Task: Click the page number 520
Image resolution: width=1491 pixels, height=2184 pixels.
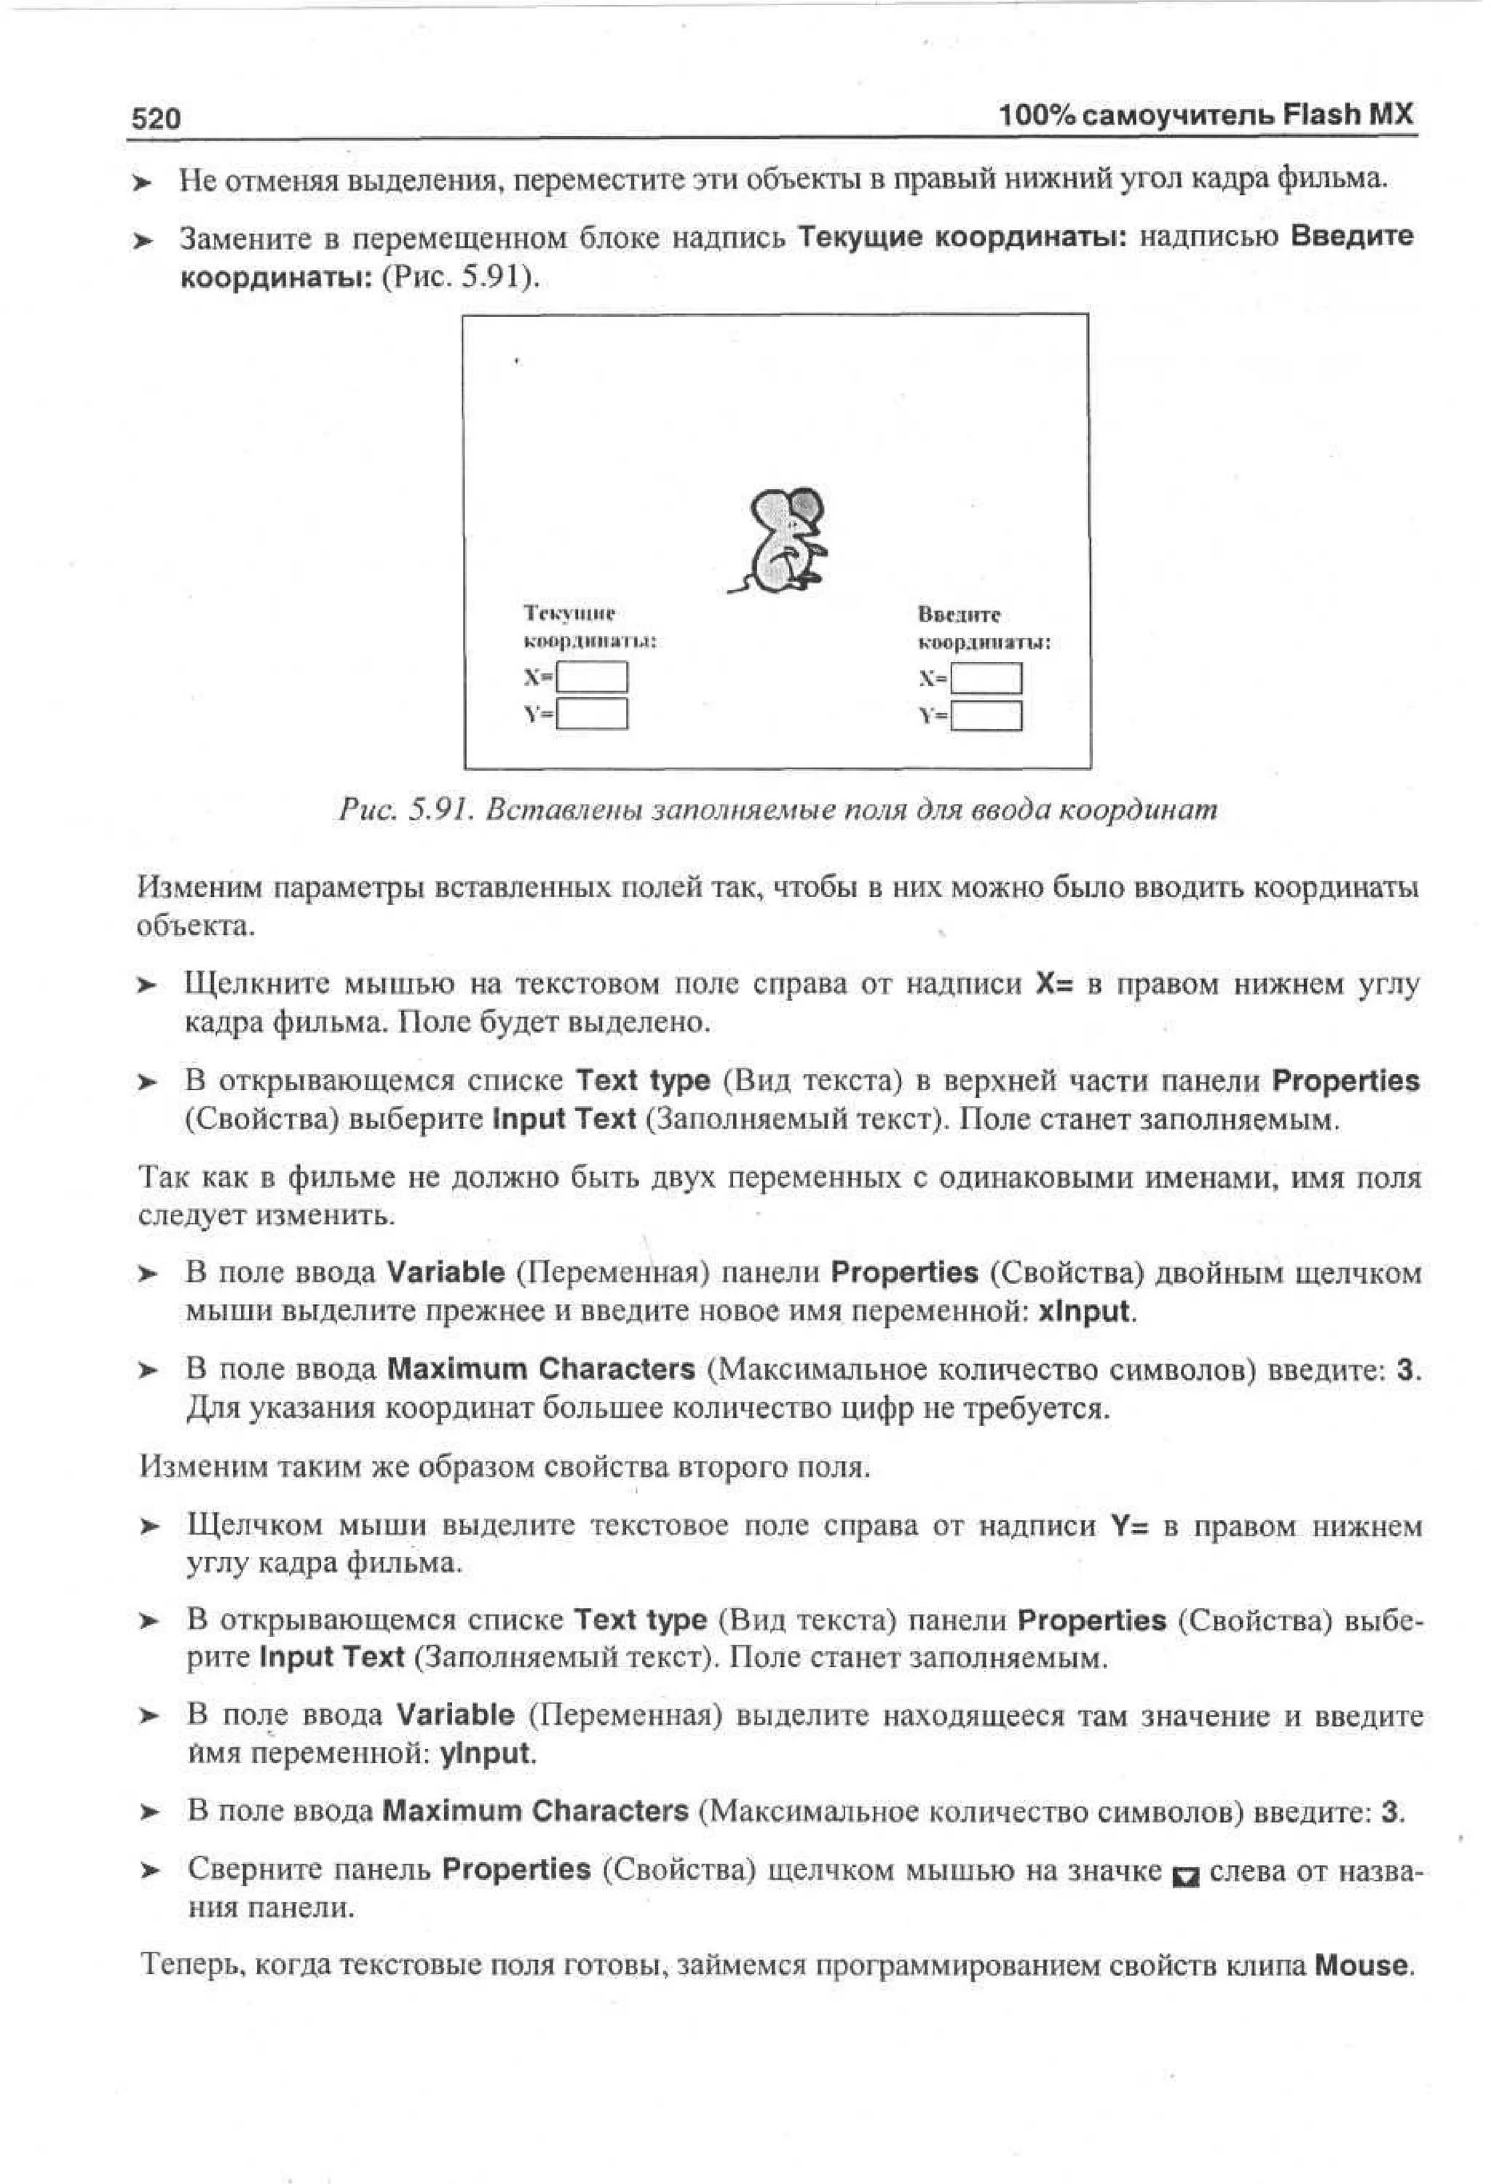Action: [155, 119]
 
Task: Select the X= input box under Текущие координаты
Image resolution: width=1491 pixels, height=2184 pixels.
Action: [592, 677]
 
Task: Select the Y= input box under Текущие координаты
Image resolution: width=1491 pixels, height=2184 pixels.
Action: [592, 714]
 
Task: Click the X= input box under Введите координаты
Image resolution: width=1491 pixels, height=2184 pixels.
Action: [986, 677]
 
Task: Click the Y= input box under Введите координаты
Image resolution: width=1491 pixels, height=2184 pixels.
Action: [986, 716]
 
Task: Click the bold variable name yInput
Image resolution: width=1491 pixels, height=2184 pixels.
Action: [486, 1754]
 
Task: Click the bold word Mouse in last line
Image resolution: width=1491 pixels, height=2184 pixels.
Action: [1361, 1965]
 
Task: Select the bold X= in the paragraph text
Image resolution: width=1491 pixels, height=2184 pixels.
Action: [1053, 984]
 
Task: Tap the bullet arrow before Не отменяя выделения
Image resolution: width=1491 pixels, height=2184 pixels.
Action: [142, 181]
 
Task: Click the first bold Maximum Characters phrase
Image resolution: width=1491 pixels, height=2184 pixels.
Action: [540, 1368]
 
